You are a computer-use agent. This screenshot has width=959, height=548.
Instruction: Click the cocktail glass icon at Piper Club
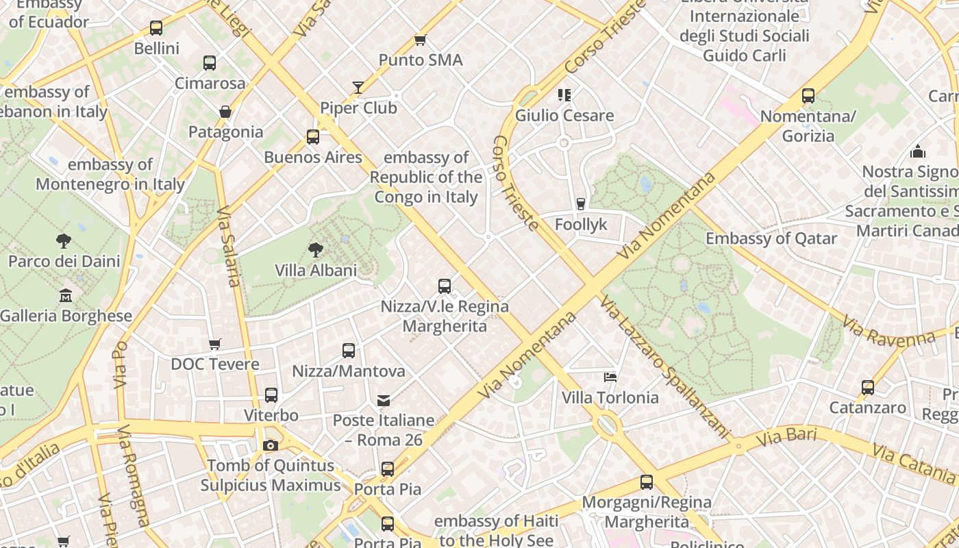click(358, 87)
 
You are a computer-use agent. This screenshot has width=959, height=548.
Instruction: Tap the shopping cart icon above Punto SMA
click(420, 40)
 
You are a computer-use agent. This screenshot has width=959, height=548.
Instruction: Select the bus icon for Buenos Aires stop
click(313, 136)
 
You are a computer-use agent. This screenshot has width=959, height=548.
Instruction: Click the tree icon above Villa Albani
click(316, 249)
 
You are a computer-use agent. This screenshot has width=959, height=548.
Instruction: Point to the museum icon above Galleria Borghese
click(66, 295)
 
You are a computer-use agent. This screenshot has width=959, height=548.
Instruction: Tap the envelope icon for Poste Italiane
click(384, 400)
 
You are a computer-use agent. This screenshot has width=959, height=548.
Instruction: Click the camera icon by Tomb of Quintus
click(271, 445)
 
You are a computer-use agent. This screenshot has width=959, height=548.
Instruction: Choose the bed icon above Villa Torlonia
click(610, 377)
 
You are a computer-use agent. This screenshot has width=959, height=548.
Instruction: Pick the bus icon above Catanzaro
click(868, 387)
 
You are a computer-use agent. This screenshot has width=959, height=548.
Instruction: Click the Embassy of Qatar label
click(771, 239)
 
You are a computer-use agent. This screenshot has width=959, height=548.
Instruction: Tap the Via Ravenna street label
click(888, 331)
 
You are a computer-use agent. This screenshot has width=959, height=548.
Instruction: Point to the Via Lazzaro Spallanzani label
click(664, 366)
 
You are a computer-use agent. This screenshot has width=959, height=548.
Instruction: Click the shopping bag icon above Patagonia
click(225, 111)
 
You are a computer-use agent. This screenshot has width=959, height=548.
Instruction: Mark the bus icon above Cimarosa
click(210, 63)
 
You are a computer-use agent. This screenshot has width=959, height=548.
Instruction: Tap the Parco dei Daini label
click(64, 261)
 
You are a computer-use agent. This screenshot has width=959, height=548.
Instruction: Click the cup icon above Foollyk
click(581, 203)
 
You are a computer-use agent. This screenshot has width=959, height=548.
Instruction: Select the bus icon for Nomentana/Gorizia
click(808, 95)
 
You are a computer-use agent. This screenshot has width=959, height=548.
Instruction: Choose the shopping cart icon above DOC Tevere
click(215, 344)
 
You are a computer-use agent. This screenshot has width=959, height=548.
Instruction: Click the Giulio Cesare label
click(564, 115)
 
